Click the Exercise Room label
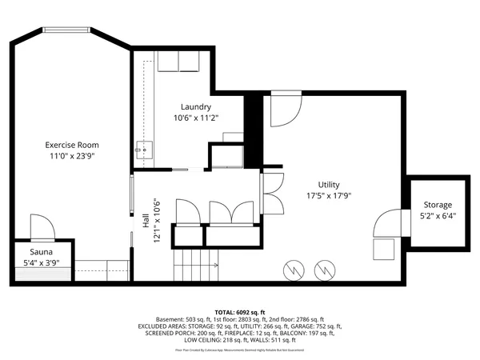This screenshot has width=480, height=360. click(x=72, y=145)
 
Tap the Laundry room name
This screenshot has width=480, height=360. click(x=196, y=106)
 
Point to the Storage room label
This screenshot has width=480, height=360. click(x=438, y=205)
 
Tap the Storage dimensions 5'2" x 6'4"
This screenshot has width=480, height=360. click(x=438, y=216)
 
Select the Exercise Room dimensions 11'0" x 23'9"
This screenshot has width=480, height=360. click(x=72, y=156)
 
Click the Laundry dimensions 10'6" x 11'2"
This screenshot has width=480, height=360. click(x=196, y=118)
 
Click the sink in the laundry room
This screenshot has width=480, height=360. click(x=142, y=148)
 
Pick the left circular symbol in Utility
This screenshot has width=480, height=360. click(x=294, y=270)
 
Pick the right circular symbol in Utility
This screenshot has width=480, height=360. click(x=323, y=270)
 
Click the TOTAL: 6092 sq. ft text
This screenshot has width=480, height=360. click(x=240, y=312)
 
